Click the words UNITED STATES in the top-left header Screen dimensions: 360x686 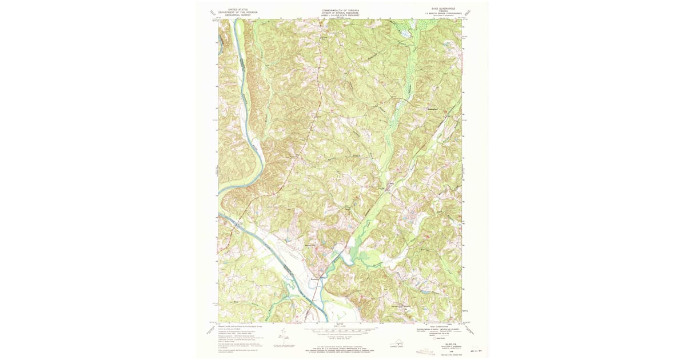tap(238, 10)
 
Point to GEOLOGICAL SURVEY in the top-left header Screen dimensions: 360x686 tap(238, 16)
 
